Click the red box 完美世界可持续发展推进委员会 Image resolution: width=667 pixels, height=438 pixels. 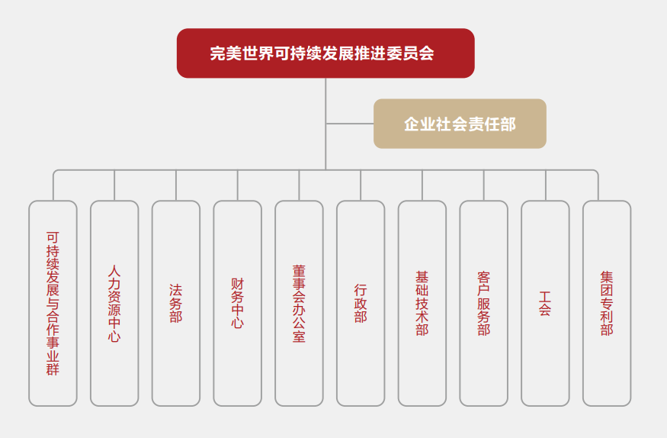[325, 53]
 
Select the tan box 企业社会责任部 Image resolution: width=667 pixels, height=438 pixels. [460, 124]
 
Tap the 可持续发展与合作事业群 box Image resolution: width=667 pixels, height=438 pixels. [53, 303]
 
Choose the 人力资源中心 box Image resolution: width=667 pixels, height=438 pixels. [114, 303]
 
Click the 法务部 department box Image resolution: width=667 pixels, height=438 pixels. [176, 303]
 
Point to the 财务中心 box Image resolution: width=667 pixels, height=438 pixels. [237, 303]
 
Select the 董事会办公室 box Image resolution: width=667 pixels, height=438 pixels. [299, 303]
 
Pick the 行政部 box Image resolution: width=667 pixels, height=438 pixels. [361, 303]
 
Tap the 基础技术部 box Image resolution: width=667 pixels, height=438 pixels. [422, 303]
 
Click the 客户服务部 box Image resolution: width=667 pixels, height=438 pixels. [483, 303]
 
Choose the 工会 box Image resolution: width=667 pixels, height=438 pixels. [545, 303]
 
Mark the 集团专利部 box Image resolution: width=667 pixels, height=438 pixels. [607, 303]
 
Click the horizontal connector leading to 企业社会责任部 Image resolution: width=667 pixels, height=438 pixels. [350, 124]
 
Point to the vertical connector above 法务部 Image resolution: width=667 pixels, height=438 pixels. [176, 185]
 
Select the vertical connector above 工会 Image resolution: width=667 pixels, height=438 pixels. [545, 185]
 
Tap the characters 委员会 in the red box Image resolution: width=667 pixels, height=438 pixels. [415, 54]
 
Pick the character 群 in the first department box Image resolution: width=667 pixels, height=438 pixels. [53, 370]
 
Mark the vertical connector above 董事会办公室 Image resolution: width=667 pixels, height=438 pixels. [299, 185]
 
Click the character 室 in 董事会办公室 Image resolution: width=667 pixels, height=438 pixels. [299, 337]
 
